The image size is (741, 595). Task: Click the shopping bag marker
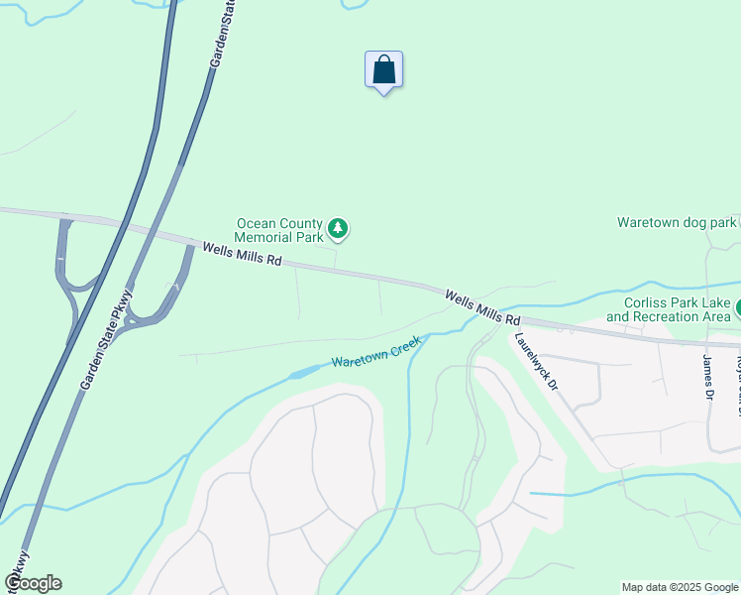tap(383, 70)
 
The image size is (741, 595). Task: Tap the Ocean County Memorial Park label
tap(278, 230)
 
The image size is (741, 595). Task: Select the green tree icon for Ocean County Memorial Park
tap(338, 230)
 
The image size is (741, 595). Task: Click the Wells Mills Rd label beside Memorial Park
tap(243, 254)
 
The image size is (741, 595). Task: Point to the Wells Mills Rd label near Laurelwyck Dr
tap(482, 307)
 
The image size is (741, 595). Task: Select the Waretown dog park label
tap(678, 222)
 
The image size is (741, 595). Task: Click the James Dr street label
tap(708, 377)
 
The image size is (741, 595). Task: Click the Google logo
tap(33, 583)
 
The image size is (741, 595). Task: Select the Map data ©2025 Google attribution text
tap(679, 587)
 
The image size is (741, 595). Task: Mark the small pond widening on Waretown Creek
tap(305, 373)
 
